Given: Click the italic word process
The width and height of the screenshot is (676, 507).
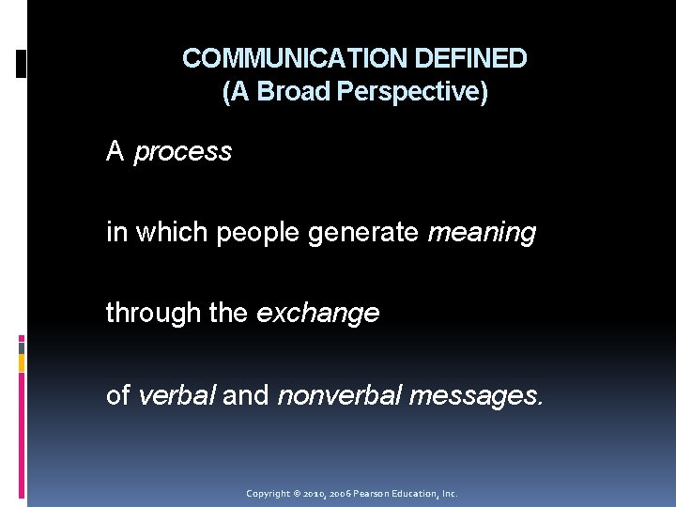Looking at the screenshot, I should click(183, 152).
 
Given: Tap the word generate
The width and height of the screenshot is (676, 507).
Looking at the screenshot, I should click(363, 233).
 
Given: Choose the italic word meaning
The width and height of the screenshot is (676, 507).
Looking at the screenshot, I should click(482, 233).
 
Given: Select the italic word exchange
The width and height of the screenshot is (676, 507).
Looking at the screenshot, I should click(317, 314).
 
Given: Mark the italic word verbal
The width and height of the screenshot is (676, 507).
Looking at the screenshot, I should click(177, 395).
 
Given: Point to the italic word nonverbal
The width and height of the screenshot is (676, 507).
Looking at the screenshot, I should click(339, 395).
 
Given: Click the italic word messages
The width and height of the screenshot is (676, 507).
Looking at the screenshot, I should click(476, 395).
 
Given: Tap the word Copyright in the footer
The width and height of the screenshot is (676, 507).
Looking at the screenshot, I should click(268, 493).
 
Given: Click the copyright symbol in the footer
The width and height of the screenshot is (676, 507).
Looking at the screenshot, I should click(296, 493).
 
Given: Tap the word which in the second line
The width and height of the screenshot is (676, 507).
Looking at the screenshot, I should click(173, 233).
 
